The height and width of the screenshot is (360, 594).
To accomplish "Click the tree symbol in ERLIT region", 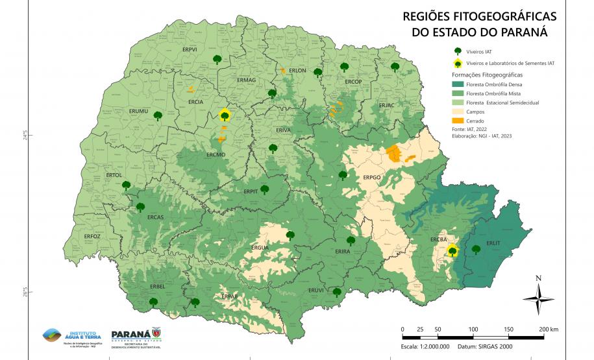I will click(x=476, y=249).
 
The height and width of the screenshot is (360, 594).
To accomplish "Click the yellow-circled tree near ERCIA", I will click(x=225, y=115).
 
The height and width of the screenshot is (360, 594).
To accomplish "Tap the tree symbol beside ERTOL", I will click(x=126, y=186).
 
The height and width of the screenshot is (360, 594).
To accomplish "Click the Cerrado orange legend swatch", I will click(x=457, y=121).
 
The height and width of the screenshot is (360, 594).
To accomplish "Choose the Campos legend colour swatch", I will click(x=457, y=112).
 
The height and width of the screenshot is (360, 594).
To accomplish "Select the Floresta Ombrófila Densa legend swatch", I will click(x=457, y=84).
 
